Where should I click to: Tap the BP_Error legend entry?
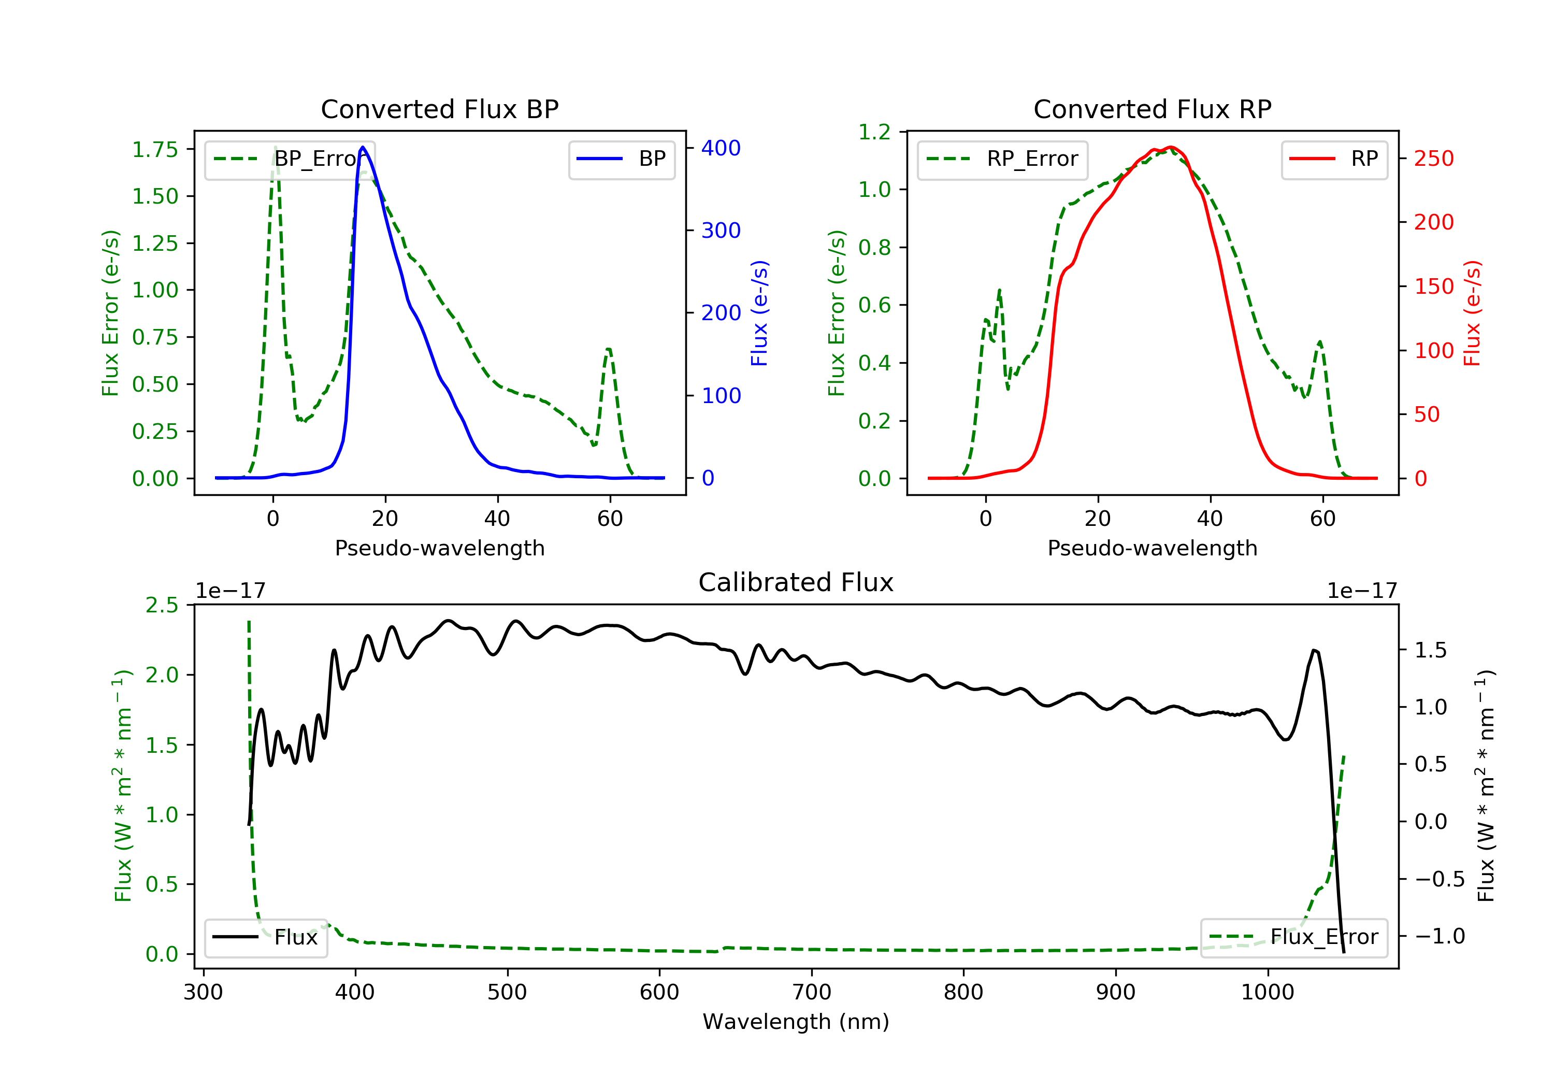pos(290,160)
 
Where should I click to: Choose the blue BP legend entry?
pos(621,160)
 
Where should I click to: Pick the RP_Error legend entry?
pos(1002,160)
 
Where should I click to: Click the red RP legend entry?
pos(1333,160)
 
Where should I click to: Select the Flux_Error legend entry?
pos(1293,938)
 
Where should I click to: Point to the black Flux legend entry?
pos(265,938)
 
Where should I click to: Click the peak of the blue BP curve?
pos(363,148)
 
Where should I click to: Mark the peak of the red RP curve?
pos(1170,147)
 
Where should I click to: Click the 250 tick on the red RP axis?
pos(1433,159)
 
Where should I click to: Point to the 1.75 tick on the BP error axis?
pos(155,150)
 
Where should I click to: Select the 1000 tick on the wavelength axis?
pos(1267,993)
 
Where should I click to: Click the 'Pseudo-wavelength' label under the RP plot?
pos(1152,548)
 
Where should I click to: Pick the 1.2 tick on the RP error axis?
pos(874,132)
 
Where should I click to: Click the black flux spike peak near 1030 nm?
pos(1314,651)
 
